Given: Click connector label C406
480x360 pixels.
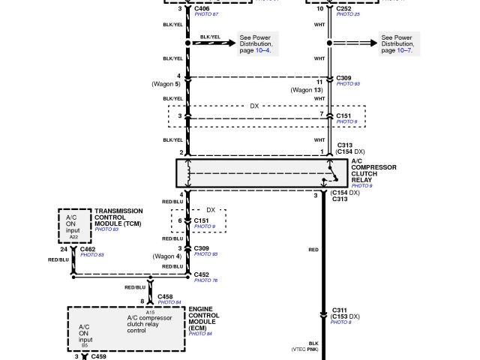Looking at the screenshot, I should click(202, 8).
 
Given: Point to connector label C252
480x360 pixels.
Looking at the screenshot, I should click(346, 8).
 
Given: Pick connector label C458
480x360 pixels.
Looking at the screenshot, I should click(166, 297).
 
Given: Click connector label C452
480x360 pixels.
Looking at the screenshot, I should click(202, 274).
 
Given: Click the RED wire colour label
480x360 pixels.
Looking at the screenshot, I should click(314, 248).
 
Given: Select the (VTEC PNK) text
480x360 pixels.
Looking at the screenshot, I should click(307, 349).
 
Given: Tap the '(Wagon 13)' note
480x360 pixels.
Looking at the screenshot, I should click(307, 90).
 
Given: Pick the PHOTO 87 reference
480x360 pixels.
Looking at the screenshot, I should click(207, 15).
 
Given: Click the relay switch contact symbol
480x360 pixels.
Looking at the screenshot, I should click(327, 180).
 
